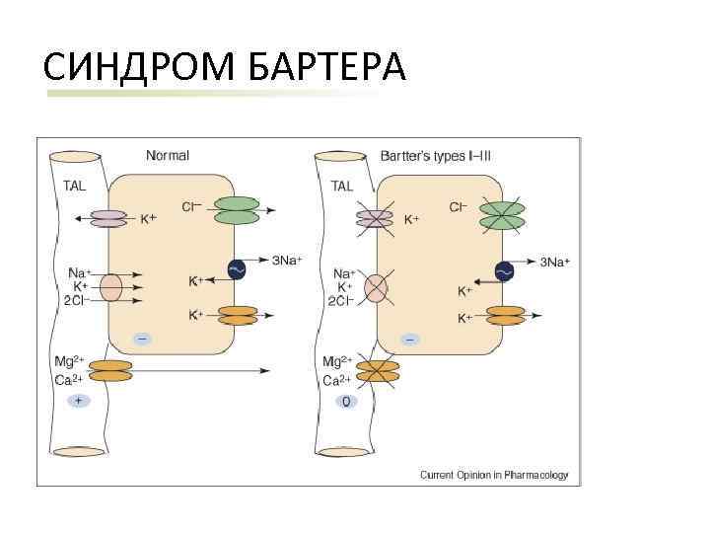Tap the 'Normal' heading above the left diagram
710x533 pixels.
168,155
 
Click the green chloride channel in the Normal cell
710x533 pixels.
236,210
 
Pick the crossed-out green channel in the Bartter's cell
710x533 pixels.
503,215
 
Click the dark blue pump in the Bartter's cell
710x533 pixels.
505,270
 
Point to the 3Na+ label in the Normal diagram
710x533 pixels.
288,261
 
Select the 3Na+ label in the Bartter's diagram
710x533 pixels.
555,262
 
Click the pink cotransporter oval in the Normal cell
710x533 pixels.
110,286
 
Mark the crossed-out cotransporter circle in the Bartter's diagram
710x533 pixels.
378,287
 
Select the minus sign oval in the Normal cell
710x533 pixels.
142,339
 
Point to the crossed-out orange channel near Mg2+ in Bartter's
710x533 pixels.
377,370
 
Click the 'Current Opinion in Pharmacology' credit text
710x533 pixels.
494,475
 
